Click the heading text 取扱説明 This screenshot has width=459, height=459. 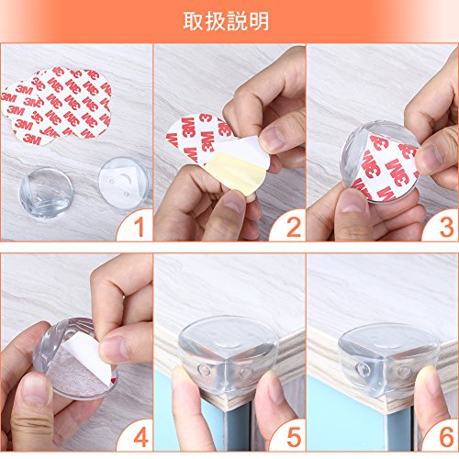(226, 21)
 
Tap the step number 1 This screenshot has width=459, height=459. (139, 228)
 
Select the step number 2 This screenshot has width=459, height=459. (294, 228)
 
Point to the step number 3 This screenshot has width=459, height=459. (446, 228)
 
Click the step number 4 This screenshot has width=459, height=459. (140, 437)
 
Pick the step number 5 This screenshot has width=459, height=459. (294, 437)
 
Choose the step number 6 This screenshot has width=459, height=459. (446, 437)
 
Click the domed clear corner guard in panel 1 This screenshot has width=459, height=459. (46, 193)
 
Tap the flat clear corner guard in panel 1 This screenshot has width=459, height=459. (124, 183)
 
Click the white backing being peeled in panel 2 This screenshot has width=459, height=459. (245, 151)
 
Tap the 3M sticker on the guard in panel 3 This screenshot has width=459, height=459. (387, 168)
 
